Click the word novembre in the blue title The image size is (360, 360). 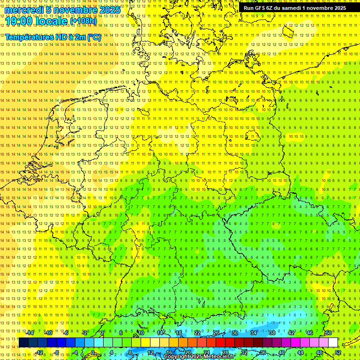coord(74,10)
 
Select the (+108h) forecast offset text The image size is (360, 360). coord(83,21)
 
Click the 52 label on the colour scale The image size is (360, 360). coord(338,352)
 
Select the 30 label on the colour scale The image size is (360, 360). coord(234,332)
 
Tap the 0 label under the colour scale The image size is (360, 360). coord(93,352)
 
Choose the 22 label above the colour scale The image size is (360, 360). coord(197,332)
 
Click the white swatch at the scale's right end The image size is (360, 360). coord(333,342)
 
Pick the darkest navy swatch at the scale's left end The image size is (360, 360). coord(23,342)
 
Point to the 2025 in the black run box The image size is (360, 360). coord(339,8)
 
